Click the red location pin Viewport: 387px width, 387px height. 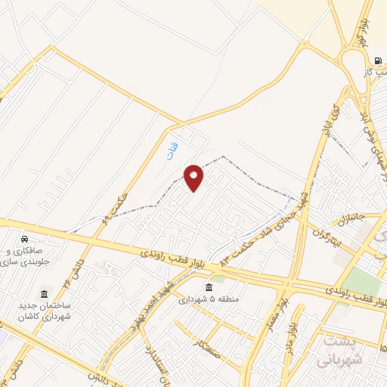194,178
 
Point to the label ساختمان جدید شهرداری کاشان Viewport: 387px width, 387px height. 44,309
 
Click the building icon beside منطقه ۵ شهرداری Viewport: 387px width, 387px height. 209,287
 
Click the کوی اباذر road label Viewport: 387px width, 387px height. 329,121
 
